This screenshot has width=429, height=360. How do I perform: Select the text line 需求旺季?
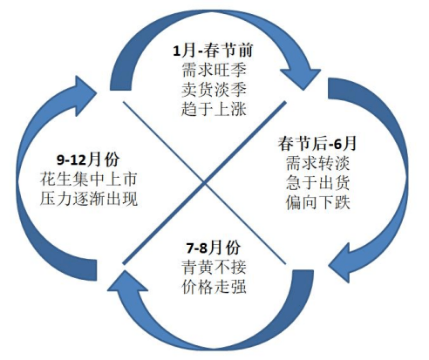pos(211,71)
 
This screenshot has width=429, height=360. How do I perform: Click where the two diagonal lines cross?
pos(207,180)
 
